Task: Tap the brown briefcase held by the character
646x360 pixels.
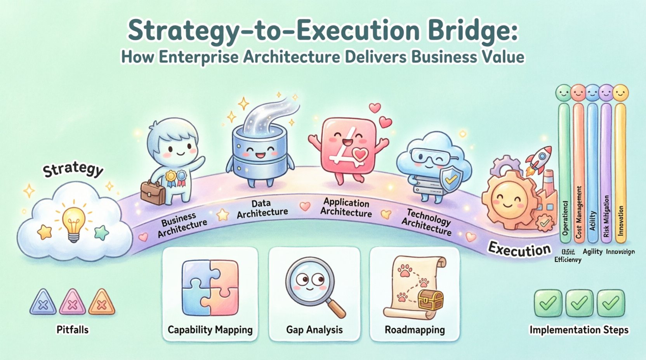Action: [x=153, y=192]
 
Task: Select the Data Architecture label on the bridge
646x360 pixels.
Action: [x=262, y=209]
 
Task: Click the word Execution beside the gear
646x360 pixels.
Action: [x=519, y=249]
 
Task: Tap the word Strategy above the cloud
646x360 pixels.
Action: [x=73, y=170]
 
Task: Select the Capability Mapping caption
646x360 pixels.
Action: [x=210, y=330]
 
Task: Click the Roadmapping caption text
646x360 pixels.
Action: [x=415, y=330]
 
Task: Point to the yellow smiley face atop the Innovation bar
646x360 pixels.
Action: [x=620, y=93]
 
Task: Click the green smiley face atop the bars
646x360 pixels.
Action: [x=563, y=93]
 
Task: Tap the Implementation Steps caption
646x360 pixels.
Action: [x=579, y=330]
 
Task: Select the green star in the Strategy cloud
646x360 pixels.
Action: [x=101, y=232]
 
